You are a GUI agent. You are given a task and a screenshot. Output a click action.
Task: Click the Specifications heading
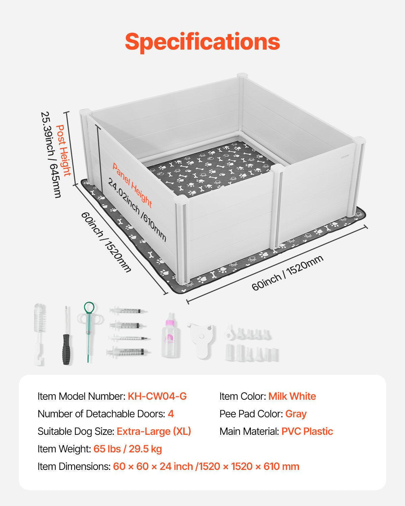202,42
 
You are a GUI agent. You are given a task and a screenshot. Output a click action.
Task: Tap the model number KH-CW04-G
157,396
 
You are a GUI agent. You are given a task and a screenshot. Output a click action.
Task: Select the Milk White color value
292,396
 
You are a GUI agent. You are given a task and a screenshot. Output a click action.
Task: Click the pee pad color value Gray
296,414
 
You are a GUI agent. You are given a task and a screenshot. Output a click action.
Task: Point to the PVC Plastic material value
307,431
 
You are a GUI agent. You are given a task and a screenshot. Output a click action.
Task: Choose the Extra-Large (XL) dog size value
154,431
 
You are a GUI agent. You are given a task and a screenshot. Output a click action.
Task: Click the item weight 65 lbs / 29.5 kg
128,449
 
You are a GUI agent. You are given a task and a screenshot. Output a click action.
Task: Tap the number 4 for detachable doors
171,414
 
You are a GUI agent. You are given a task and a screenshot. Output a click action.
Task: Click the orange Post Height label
64,150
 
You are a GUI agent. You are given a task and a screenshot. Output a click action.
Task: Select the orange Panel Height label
132,185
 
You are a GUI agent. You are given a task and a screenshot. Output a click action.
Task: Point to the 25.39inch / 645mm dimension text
51,154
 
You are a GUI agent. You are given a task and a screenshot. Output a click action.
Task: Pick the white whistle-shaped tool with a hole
201,339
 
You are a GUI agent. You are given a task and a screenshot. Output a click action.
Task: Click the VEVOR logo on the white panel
345,156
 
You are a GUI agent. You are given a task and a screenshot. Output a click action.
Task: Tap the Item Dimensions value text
206,467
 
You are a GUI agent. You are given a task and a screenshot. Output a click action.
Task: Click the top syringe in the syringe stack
128,310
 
